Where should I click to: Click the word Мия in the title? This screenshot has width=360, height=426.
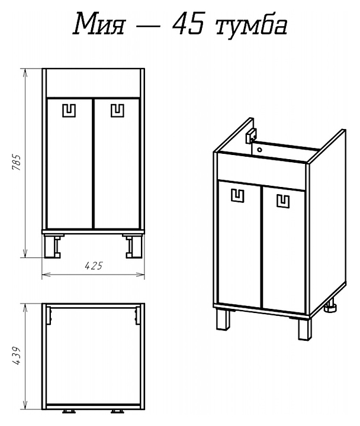pos(98,24)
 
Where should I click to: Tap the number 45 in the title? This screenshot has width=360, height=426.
pos(188,24)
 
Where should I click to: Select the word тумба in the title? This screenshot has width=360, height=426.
pos(251,25)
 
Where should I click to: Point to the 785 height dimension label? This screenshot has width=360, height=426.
pos(16,163)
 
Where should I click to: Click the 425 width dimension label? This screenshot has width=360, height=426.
pos(94,266)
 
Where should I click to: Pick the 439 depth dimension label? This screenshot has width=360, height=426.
pos(16,356)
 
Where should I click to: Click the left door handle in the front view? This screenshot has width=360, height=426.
pos(69,111)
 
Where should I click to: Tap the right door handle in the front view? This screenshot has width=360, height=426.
pos(117,111)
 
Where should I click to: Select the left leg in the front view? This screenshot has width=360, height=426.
pos(53,246)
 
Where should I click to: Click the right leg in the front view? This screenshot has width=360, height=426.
pos(134,246)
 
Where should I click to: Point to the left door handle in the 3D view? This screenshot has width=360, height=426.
pos(237,196)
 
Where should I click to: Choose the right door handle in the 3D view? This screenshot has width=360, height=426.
pos(283,201)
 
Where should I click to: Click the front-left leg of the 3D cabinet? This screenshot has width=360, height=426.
pos(223,319)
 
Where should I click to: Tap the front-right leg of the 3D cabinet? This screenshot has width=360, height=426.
pos(304,329)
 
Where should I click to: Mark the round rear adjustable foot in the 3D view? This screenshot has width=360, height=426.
pos(331,306)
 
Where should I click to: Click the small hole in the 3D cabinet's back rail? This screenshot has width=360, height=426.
pos(259,150)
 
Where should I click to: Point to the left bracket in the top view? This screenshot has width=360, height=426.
pos(49,315)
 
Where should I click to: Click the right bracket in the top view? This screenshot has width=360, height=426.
pos(137,315)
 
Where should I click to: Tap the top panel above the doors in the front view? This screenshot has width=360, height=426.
pos(93,83)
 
